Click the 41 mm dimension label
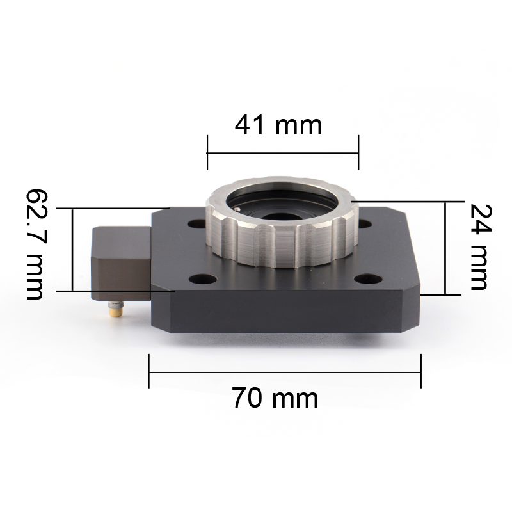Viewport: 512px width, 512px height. pyautogui.click(x=278, y=125)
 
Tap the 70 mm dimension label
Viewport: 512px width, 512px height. pyautogui.click(x=275, y=397)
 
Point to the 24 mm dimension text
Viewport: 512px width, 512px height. pyautogui.click(x=480, y=247)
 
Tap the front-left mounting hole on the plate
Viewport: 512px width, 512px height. pyautogui.click(x=203, y=279)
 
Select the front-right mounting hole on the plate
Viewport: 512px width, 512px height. pyautogui.click(x=369, y=279)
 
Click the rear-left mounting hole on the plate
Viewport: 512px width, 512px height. pyautogui.click(x=196, y=225)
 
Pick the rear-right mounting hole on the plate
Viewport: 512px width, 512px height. pyautogui.click(x=365, y=225)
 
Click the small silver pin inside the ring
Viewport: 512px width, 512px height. pyautogui.click(x=238, y=209)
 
